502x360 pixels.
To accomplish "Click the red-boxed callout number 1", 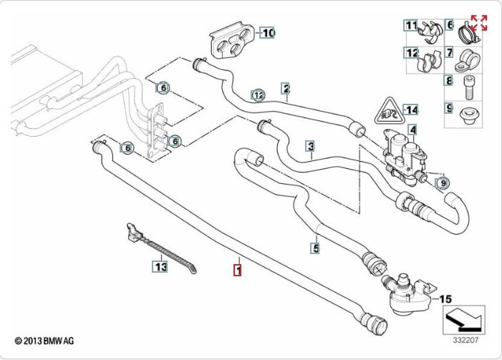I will [x=237, y=271].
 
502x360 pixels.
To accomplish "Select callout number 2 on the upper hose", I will [x=286, y=89].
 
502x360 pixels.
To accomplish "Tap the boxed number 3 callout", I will [x=310, y=147].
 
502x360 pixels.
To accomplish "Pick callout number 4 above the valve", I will [x=412, y=130].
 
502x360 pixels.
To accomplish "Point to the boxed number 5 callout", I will [x=314, y=248].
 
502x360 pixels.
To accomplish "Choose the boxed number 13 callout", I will [x=159, y=267].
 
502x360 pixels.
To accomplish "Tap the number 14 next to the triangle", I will [x=410, y=110].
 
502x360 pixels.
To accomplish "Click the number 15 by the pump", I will [x=445, y=298].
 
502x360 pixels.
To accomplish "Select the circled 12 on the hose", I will [x=258, y=94].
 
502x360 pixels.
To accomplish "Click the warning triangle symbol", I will [x=387, y=110].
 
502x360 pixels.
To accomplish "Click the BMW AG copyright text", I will [x=45, y=341].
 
